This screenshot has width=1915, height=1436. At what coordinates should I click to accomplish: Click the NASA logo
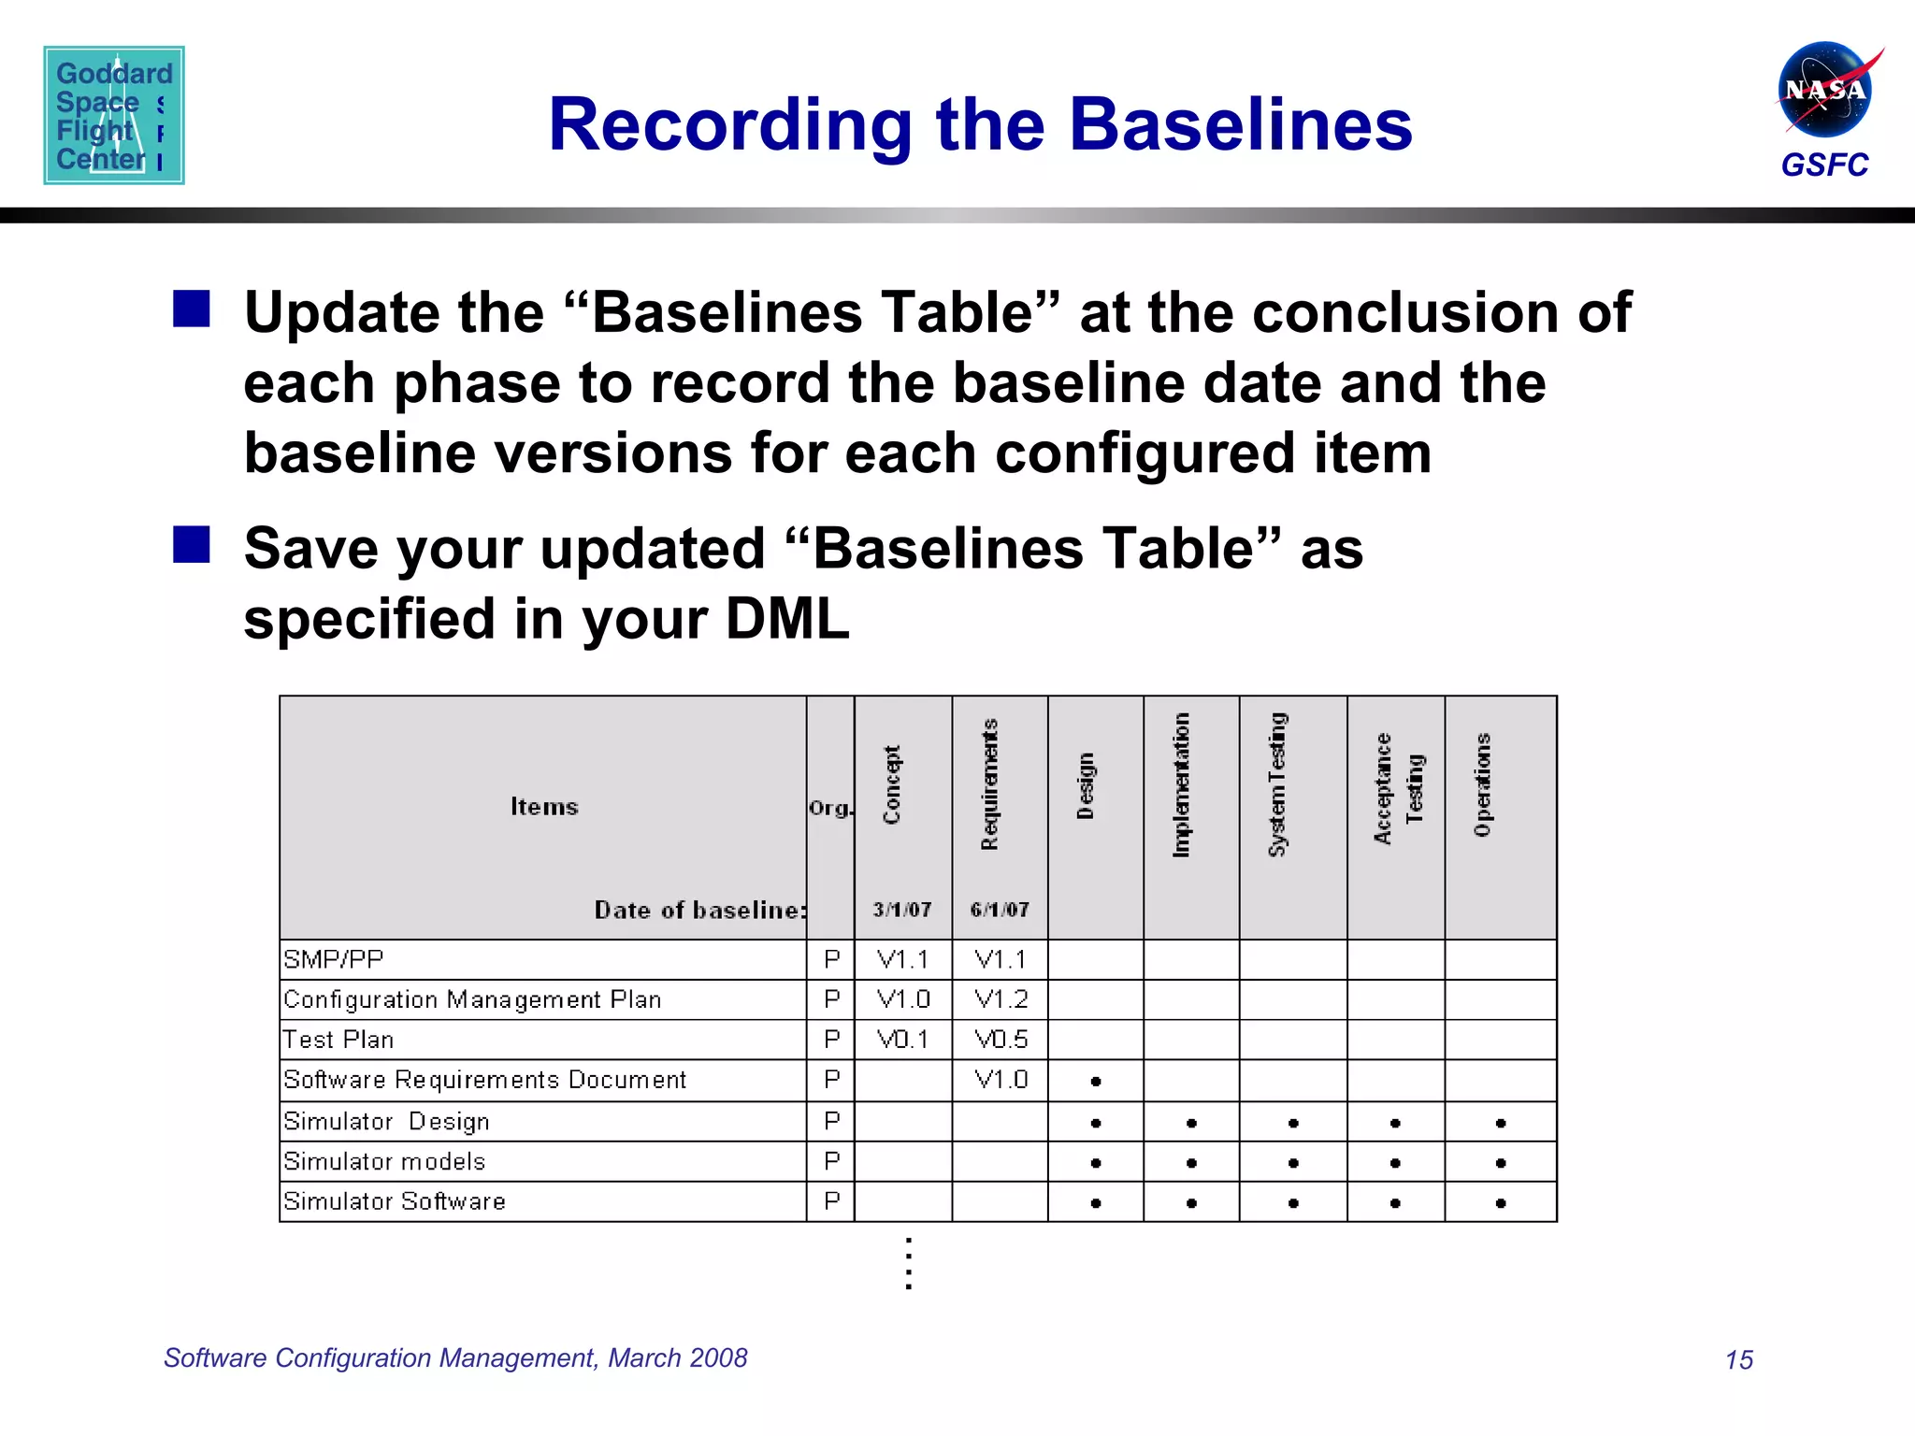[x=1824, y=91]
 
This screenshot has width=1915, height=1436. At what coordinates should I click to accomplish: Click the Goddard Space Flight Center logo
[x=114, y=115]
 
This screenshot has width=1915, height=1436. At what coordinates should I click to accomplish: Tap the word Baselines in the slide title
[x=1240, y=125]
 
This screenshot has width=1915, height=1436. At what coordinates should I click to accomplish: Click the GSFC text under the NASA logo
[x=1823, y=165]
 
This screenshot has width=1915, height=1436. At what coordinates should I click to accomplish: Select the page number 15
[x=1738, y=1359]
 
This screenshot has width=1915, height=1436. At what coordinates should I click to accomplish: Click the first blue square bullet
[x=192, y=309]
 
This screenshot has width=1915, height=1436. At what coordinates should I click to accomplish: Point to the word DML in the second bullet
[x=787, y=619]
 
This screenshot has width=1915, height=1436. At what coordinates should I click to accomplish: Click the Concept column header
[x=892, y=784]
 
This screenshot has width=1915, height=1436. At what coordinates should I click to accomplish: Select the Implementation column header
[x=1182, y=784]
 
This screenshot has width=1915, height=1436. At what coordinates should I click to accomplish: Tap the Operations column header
[x=1483, y=784]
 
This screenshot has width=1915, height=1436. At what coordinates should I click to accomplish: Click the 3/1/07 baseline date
[x=902, y=910]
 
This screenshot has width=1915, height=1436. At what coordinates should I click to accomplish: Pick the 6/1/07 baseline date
[x=1000, y=910]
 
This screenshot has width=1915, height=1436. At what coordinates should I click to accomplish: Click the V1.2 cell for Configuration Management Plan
[x=1001, y=999]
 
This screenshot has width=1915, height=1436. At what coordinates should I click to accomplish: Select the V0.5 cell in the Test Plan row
[x=1001, y=1040]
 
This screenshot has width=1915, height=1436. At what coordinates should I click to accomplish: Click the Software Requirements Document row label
[x=485, y=1080]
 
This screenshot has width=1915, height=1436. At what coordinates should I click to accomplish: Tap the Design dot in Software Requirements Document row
[x=1096, y=1082]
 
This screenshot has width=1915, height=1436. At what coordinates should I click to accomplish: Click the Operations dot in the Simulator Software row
[x=1501, y=1203]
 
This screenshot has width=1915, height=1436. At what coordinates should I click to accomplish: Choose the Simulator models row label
[x=384, y=1161]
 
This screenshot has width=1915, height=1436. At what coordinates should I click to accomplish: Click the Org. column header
[x=830, y=809]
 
